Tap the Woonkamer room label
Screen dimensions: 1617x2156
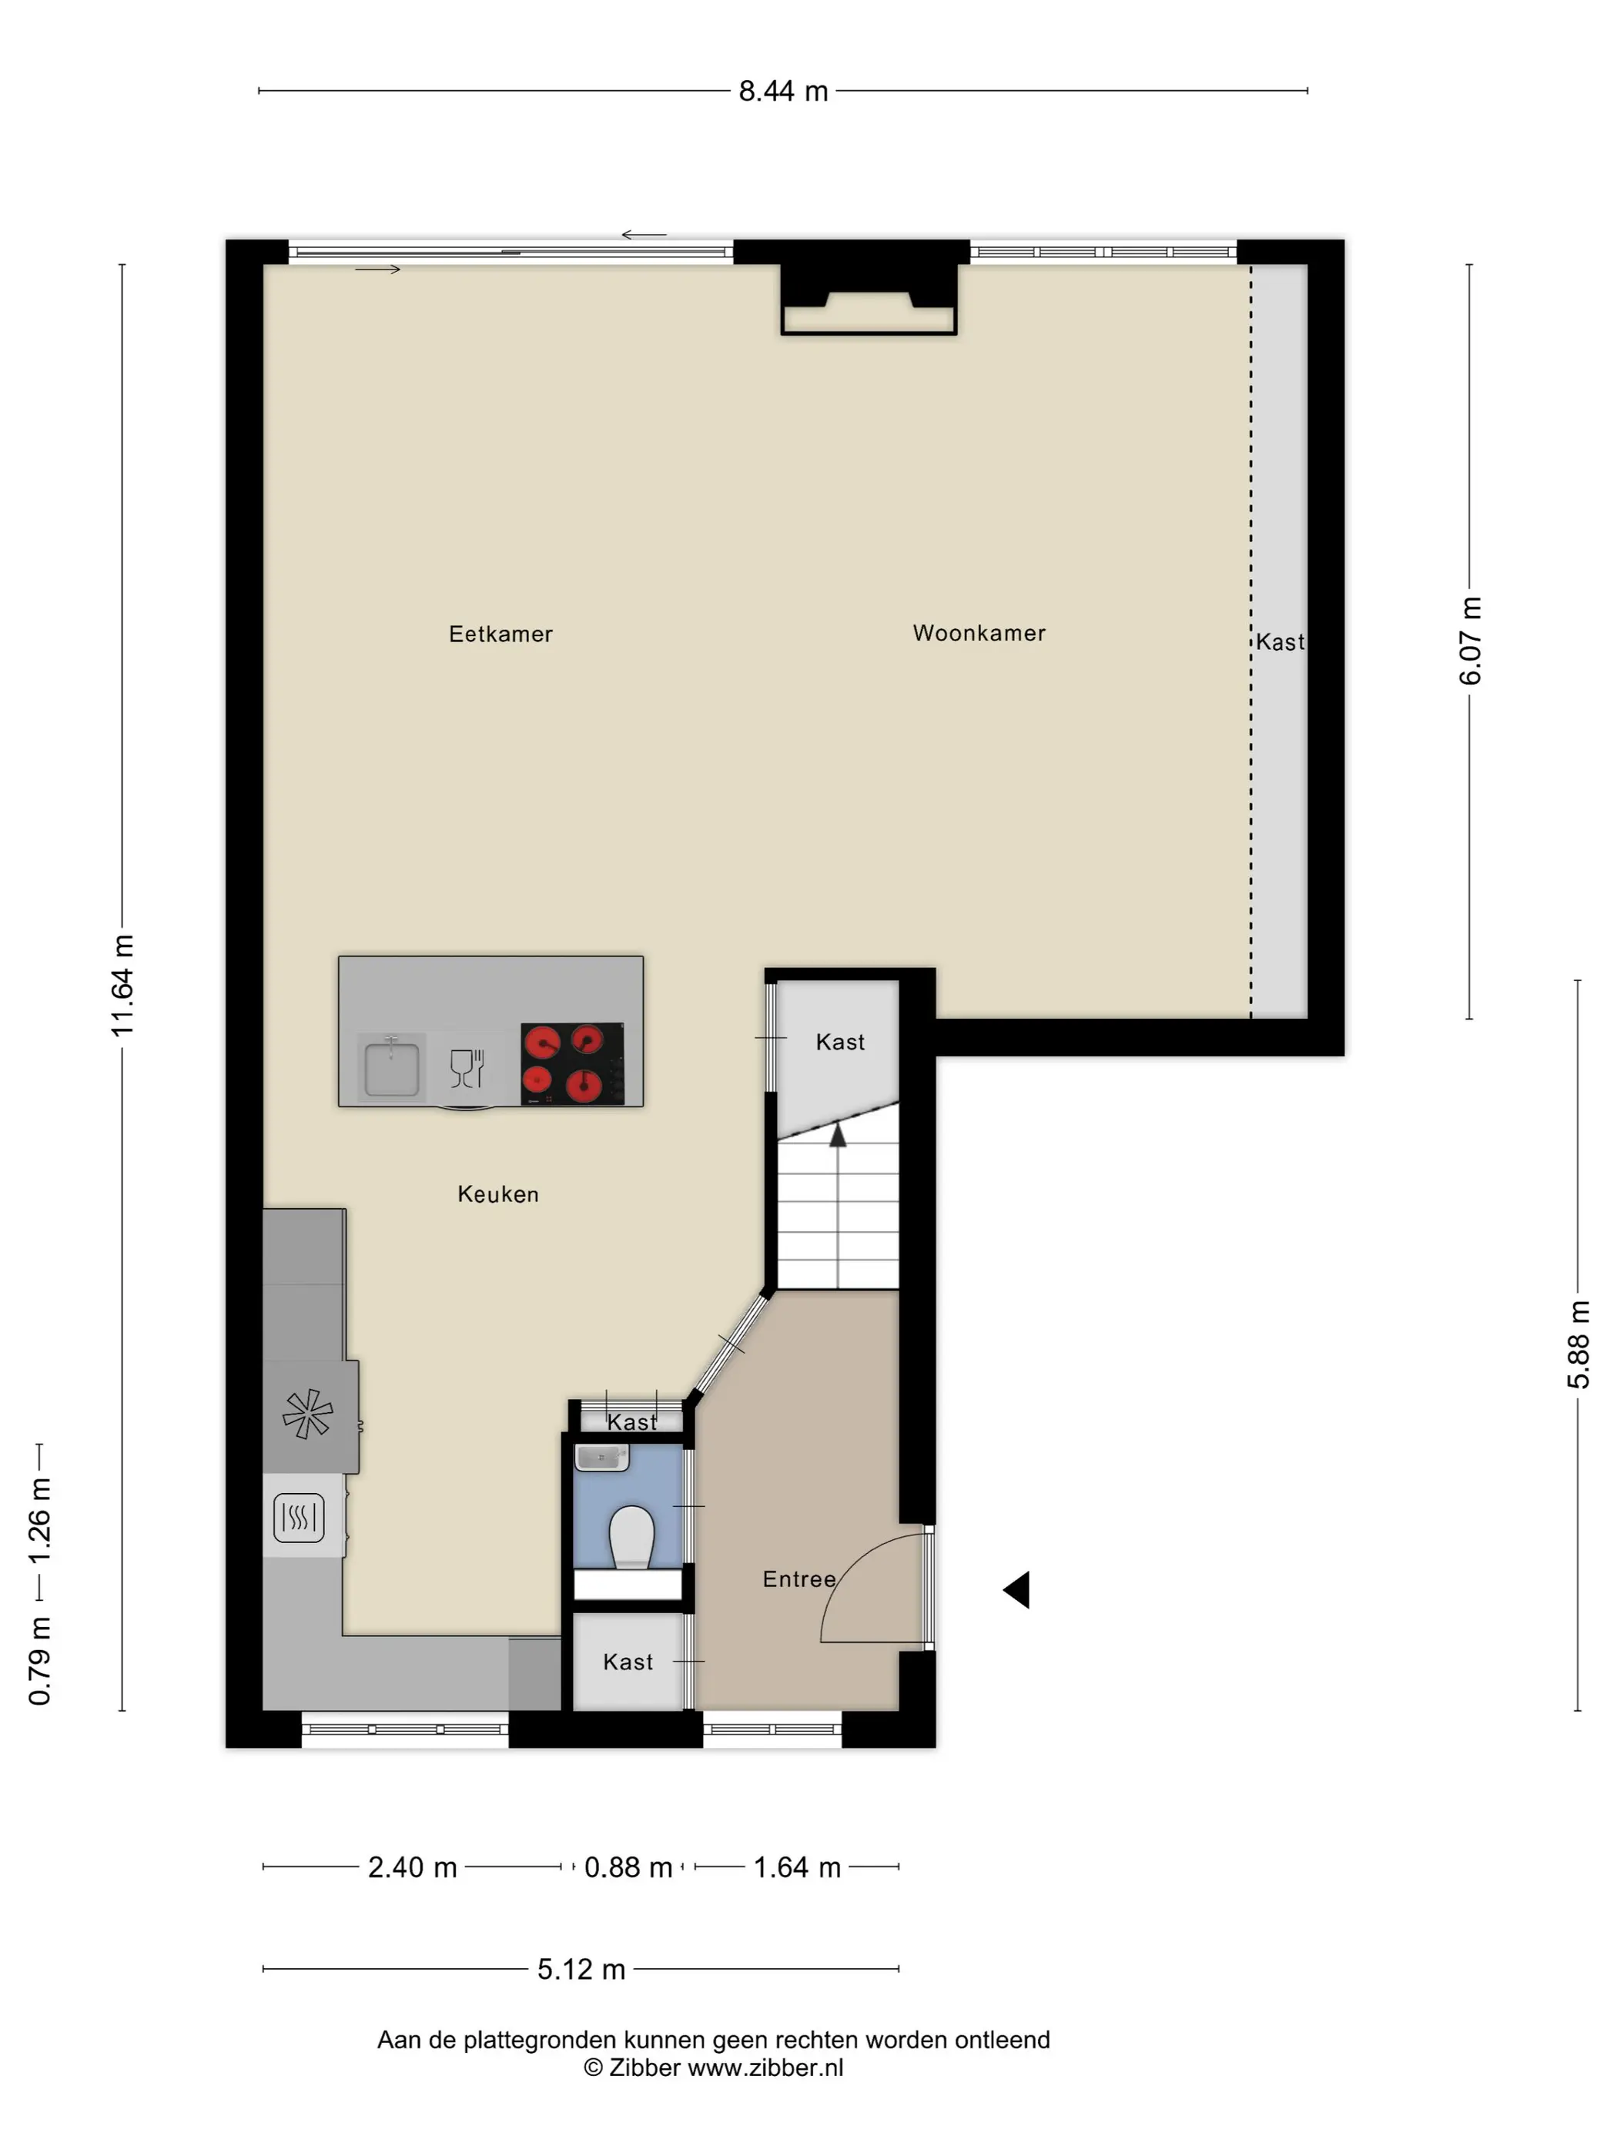pyautogui.click(x=979, y=634)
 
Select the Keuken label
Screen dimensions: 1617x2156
pyautogui.click(x=498, y=1194)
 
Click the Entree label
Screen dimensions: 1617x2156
pyautogui.click(x=798, y=1579)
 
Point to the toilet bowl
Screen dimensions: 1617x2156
pyautogui.click(x=631, y=1537)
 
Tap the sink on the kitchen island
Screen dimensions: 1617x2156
pyautogui.click(x=392, y=1067)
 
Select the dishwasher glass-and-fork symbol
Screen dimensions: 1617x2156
pyautogui.click(x=467, y=1068)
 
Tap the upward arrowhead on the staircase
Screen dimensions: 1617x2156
pyautogui.click(x=837, y=1133)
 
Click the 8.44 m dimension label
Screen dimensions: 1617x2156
pyautogui.click(x=782, y=92)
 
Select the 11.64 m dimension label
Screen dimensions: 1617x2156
pyautogui.click(x=122, y=984)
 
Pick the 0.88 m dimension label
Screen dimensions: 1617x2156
pyautogui.click(x=628, y=1867)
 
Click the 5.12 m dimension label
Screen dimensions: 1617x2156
pyautogui.click(x=581, y=1970)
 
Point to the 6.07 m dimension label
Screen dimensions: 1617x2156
pyautogui.click(x=1470, y=641)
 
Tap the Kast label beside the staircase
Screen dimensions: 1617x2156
pyautogui.click(x=840, y=1043)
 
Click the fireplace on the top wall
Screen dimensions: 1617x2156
pyautogui.click(x=869, y=300)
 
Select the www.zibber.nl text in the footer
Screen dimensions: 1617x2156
pyautogui.click(x=765, y=2068)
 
